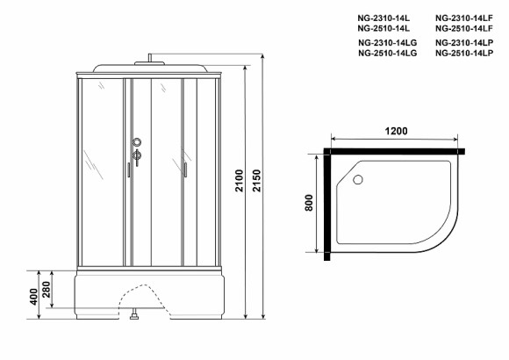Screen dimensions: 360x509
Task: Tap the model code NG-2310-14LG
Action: click(388, 43)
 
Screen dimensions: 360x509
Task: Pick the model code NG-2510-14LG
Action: click(388, 54)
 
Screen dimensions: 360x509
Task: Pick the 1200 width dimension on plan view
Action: click(396, 132)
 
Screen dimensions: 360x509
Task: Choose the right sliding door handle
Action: click(186, 169)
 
